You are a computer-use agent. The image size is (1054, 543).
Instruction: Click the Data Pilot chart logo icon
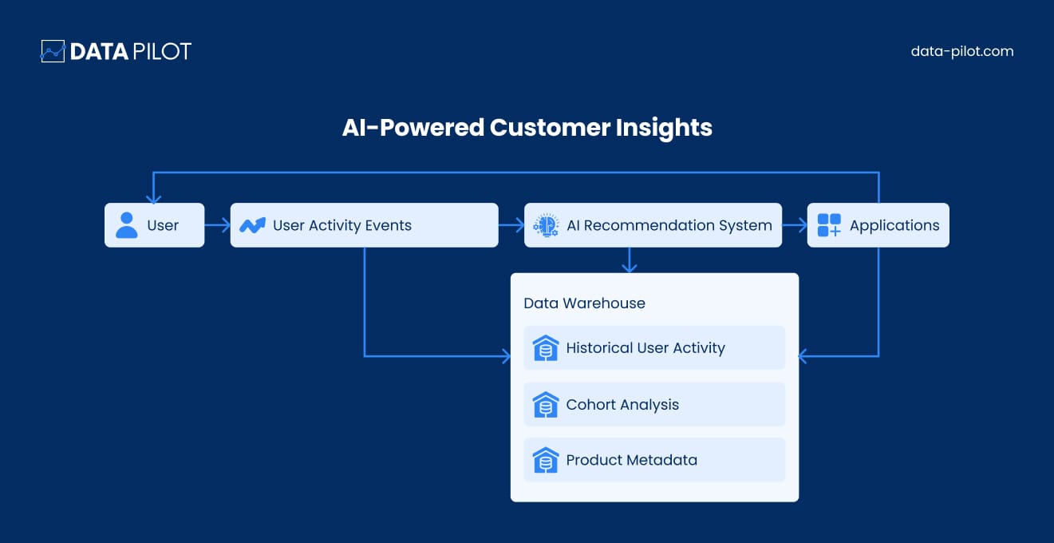tap(53, 51)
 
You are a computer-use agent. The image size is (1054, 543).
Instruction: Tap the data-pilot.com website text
tap(961, 51)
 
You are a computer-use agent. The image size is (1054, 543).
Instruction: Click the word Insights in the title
tap(664, 128)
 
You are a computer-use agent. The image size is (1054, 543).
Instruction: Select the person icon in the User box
tap(127, 225)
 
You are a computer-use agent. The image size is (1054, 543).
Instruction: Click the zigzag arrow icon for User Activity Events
tap(253, 225)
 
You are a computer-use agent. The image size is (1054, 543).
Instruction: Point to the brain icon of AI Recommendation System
tap(546, 225)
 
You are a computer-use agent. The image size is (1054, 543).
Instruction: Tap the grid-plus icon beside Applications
tap(829, 225)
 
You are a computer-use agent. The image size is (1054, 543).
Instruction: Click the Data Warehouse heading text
tap(584, 303)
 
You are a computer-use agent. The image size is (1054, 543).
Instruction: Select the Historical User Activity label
tap(645, 348)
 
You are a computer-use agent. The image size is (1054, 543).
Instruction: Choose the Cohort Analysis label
tap(622, 405)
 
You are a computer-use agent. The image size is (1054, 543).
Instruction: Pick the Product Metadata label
tap(631, 460)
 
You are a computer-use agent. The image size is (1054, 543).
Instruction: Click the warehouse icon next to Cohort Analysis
tap(546, 405)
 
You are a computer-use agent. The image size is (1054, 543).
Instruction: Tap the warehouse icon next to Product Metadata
tap(546, 460)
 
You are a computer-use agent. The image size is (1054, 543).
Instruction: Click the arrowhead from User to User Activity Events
tap(226, 225)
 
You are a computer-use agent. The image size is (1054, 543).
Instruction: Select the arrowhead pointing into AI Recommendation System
tap(519, 225)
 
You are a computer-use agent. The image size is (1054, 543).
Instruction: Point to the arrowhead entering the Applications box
tap(803, 225)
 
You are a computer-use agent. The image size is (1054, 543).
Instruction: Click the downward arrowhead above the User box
tap(153, 199)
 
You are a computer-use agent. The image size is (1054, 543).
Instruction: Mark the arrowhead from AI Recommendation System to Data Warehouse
tap(629, 268)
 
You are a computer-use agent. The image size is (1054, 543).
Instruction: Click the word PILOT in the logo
tap(162, 51)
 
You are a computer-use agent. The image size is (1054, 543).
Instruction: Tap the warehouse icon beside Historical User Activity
tap(546, 348)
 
